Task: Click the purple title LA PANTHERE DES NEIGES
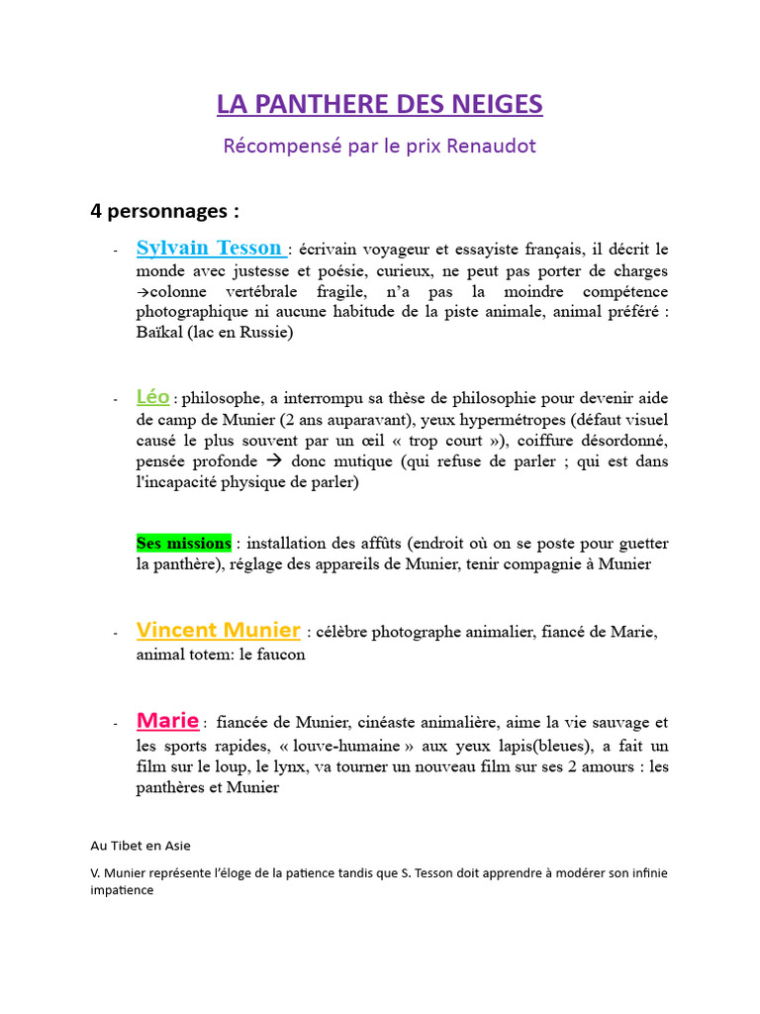pyautogui.click(x=380, y=104)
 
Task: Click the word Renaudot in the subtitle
pyautogui.click(x=492, y=146)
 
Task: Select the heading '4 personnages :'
pyautogui.click(x=164, y=211)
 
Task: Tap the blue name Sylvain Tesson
pyautogui.click(x=210, y=248)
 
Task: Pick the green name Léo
pyautogui.click(x=152, y=397)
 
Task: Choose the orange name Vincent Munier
pyautogui.click(x=219, y=630)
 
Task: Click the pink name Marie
pyautogui.click(x=167, y=720)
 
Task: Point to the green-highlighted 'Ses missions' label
pyautogui.click(x=184, y=543)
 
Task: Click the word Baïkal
pyautogui.click(x=159, y=333)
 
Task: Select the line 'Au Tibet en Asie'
pyautogui.click(x=141, y=845)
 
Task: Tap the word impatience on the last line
pyautogui.click(x=122, y=890)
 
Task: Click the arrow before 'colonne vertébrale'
pyautogui.click(x=142, y=292)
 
